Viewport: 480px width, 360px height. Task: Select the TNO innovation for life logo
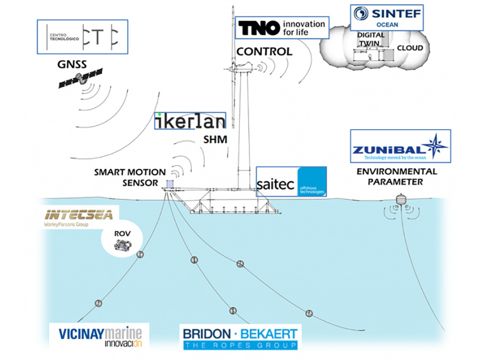(x=282, y=28)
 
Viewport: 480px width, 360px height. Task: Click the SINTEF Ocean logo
(x=386, y=18)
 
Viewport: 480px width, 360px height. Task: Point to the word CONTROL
(x=265, y=52)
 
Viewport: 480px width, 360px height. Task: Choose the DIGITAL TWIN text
(x=371, y=39)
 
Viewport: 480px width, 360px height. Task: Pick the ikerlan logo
(x=190, y=122)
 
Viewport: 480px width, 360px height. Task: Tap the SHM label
(x=215, y=139)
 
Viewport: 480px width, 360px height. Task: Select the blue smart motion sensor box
(x=171, y=184)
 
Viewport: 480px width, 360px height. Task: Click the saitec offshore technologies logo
(x=291, y=182)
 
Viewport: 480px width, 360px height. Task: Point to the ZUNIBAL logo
(x=400, y=146)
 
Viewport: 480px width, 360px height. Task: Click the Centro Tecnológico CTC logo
(x=82, y=36)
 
